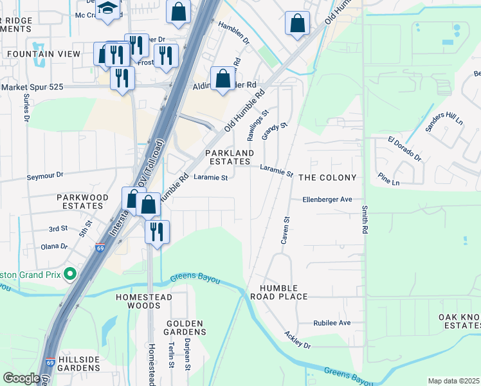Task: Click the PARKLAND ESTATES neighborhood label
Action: point(230,158)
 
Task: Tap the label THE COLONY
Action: point(327,177)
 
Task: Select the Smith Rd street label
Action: point(365,219)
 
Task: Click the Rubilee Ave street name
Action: point(331,323)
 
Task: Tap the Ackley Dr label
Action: point(298,341)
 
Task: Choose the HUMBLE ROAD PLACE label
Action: point(284,291)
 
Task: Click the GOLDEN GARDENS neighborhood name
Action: point(185,327)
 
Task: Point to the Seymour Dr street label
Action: point(45,175)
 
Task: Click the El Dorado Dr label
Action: point(404,149)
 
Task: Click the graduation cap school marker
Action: point(108,9)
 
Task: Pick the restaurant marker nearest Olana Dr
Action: point(157,230)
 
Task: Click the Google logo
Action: point(21,378)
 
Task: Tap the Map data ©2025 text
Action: point(453,381)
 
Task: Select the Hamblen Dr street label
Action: point(233,32)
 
